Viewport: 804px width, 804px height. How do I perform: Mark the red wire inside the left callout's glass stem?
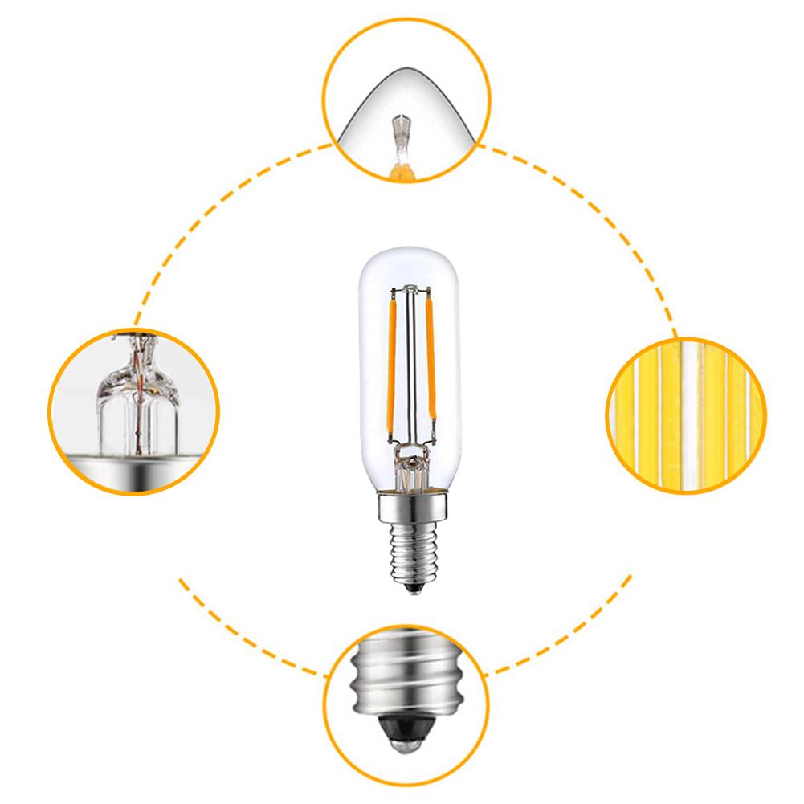pyautogui.click(x=141, y=402)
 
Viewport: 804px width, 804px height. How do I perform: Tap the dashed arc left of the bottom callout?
pyautogui.click(x=233, y=635)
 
